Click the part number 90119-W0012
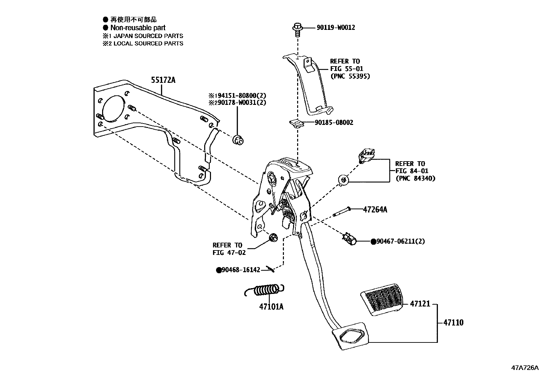pos(335,27)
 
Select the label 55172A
pos(163,80)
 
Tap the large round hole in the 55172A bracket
pos(112,108)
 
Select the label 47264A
pos(375,209)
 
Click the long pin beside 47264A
pos(342,212)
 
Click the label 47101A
pos(271,307)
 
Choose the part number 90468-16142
pos(240,270)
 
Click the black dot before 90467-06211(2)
pos(373,242)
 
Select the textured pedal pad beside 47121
pos(381,299)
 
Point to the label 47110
pos(453,322)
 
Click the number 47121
pos(420,304)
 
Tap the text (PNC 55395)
pos(350,76)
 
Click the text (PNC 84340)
pos(415,178)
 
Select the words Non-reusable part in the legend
pos(138,28)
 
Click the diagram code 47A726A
pos(525,368)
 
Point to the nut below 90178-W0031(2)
pos(238,139)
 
